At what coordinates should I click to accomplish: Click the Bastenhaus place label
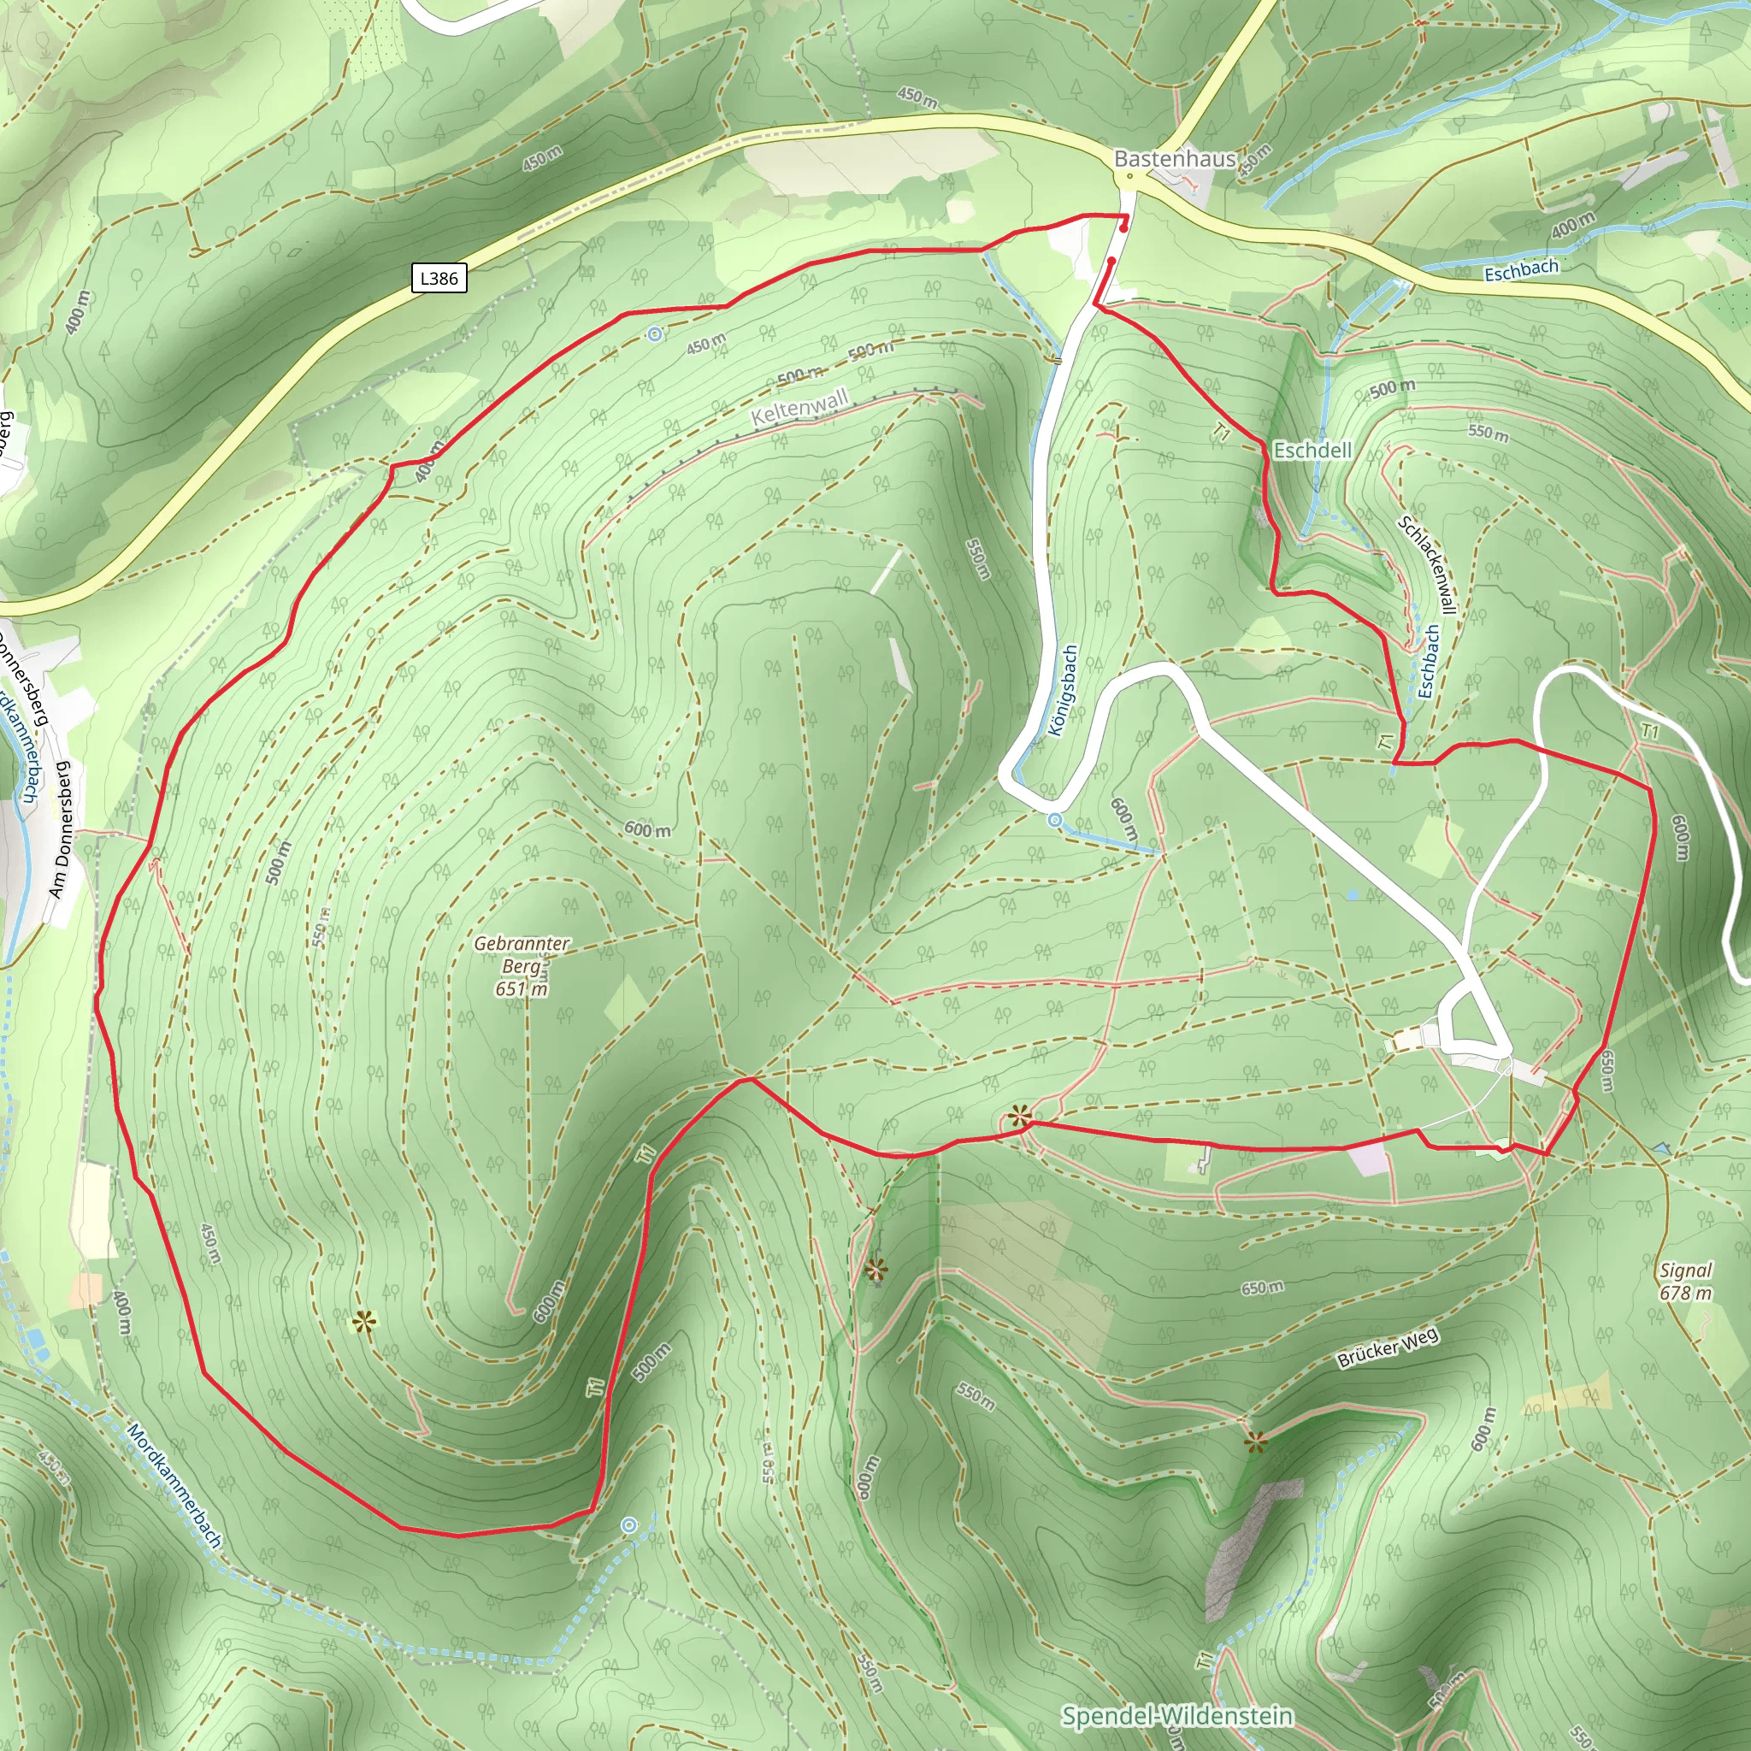(x=1175, y=159)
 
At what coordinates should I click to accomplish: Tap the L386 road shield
(x=439, y=277)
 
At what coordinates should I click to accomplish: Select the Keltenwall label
(x=800, y=408)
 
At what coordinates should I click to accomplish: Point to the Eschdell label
(x=1312, y=450)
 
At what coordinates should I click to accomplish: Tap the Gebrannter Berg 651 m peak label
(x=522, y=966)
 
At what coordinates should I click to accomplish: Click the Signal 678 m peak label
(x=1686, y=1282)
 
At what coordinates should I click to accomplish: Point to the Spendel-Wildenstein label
(x=1176, y=1716)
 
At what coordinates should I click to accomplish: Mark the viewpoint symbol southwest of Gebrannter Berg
(x=364, y=1323)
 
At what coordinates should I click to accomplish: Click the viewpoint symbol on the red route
(x=1021, y=1116)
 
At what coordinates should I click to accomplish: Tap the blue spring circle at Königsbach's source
(x=1055, y=819)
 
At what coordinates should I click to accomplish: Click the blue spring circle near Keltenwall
(x=655, y=334)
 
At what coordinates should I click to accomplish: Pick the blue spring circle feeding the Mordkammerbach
(x=630, y=1526)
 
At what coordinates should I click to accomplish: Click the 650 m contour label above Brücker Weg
(x=1263, y=1288)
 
